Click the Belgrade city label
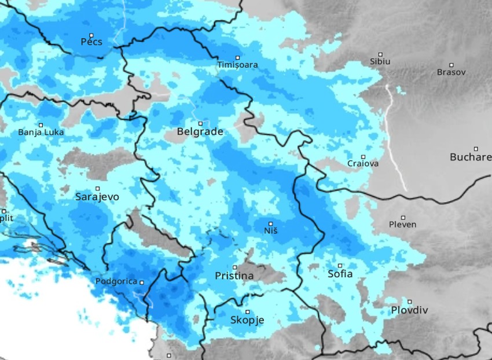click(200, 132)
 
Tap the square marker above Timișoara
click(237, 57)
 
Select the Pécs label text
click(91, 42)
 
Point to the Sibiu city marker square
click(380, 54)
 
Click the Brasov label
click(451, 72)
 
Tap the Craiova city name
click(363, 164)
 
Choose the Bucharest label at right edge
click(470, 157)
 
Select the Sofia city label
click(340, 274)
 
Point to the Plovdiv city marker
click(410, 302)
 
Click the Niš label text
click(270, 231)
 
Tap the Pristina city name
click(234, 276)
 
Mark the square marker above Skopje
click(247, 312)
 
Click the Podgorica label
click(116, 282)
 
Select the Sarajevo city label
click(97, 197)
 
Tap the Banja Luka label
click(41, 132)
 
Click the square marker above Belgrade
click(200, 123)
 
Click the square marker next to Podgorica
click(141, 282)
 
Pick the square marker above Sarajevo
click(97, 189)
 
